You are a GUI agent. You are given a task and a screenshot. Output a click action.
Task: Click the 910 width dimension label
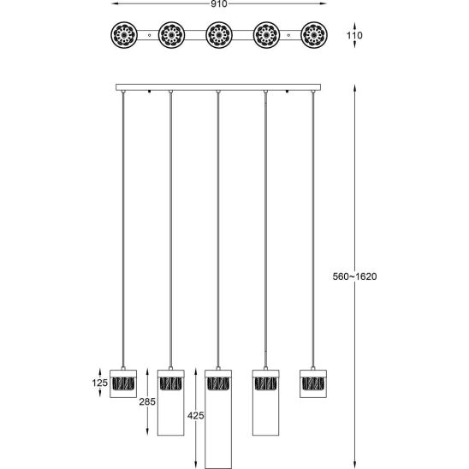click(219, 4)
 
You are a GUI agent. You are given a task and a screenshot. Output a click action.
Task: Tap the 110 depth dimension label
click(354, 35)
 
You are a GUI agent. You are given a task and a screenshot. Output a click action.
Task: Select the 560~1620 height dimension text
click(354, 276)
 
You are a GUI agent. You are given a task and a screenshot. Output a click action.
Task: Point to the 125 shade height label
click(99, 383)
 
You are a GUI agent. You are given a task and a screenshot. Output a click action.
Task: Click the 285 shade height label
click(147, 401)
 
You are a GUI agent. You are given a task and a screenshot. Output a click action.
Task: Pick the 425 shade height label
click(196, 415)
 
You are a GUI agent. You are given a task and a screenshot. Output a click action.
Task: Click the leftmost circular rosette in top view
click(124, 35)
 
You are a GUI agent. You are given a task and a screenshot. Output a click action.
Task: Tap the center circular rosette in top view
click(219, 35)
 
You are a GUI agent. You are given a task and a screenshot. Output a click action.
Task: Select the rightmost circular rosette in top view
click(314, 35)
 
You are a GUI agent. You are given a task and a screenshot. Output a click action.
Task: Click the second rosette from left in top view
click(171, 35)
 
